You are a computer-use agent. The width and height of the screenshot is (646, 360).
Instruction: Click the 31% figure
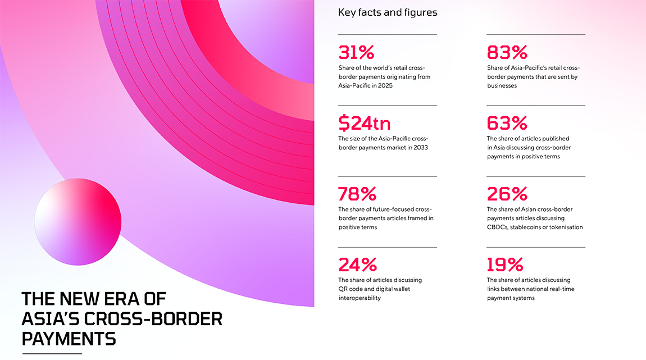tap(356, 52)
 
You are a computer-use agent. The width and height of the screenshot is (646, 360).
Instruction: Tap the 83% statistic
tap(507, 52)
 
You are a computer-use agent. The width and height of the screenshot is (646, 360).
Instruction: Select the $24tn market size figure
tap(365, 123)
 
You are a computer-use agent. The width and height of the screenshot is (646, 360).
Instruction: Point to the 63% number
tap(507, 123)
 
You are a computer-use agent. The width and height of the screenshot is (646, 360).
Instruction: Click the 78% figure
tap(357, 194)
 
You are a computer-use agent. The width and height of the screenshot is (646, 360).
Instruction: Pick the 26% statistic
tap(507, 194)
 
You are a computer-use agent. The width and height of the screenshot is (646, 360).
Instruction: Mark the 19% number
tap(505, 265)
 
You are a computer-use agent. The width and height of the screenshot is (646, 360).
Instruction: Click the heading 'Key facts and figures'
tap(388, 12)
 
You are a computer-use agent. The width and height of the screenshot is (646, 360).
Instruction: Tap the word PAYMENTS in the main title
tap(69, 339)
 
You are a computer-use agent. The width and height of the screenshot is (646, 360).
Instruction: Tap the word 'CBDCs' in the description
tap(498, 227)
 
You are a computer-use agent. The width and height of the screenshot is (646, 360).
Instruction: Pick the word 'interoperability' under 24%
tap(360, 298)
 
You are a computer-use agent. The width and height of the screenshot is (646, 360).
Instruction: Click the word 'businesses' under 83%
tap(502, 86)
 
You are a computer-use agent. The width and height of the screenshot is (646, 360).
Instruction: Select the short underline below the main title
tap(52, 354)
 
